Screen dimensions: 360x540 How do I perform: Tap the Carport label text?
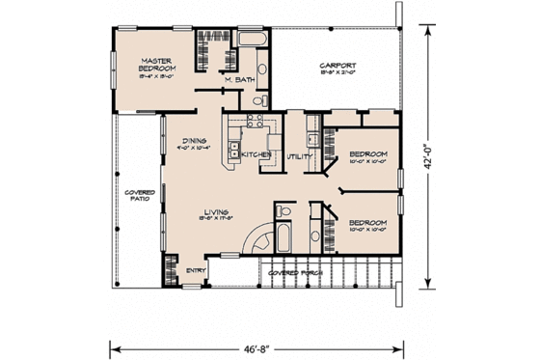coord(337,66)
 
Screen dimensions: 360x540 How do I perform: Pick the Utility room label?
coord(297,155)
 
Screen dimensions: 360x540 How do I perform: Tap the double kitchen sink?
coord(234,149)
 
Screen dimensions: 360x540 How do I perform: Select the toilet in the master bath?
coord(256,99)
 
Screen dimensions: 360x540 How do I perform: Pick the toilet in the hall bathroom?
coord(280,211)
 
